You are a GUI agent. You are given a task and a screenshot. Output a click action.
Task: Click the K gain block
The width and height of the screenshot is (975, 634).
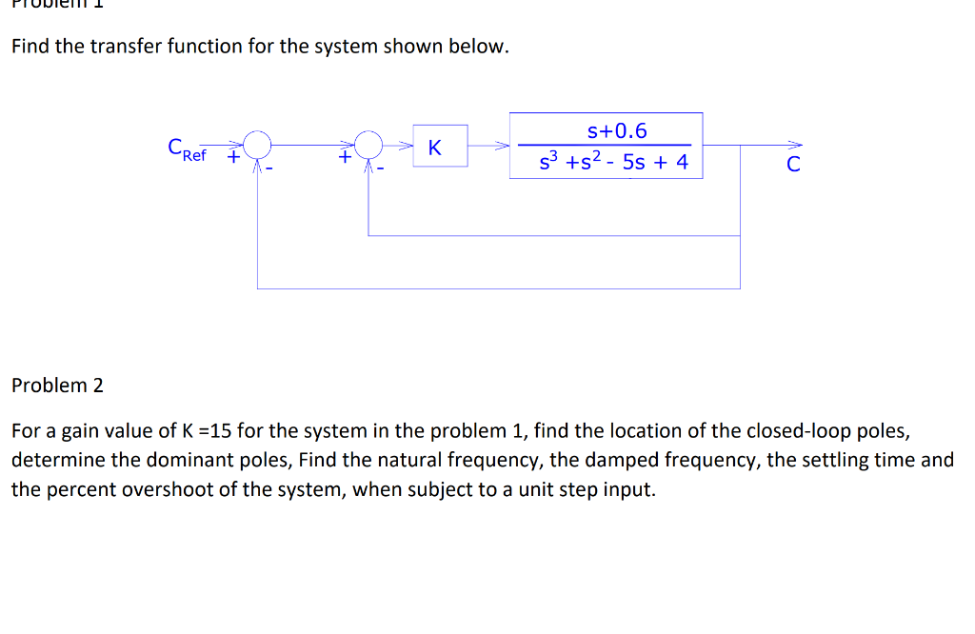coord(439,147)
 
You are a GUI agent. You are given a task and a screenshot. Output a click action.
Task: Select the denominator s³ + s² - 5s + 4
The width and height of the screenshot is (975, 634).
coord(613,162)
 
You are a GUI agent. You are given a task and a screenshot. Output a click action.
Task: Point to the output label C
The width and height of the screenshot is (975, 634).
coord(793,164)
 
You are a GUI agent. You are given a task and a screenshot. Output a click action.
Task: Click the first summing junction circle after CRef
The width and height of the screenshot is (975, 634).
coord(258,145)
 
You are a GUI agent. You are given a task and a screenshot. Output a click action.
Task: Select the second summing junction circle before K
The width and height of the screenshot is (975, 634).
coord(368,145)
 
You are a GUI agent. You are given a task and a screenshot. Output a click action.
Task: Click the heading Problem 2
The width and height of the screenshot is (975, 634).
coord(57,386)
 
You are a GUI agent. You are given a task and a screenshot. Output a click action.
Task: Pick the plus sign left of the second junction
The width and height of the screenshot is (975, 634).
coord(344,158)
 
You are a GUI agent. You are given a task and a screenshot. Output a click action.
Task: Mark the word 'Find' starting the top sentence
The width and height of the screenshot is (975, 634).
coord(30,47)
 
